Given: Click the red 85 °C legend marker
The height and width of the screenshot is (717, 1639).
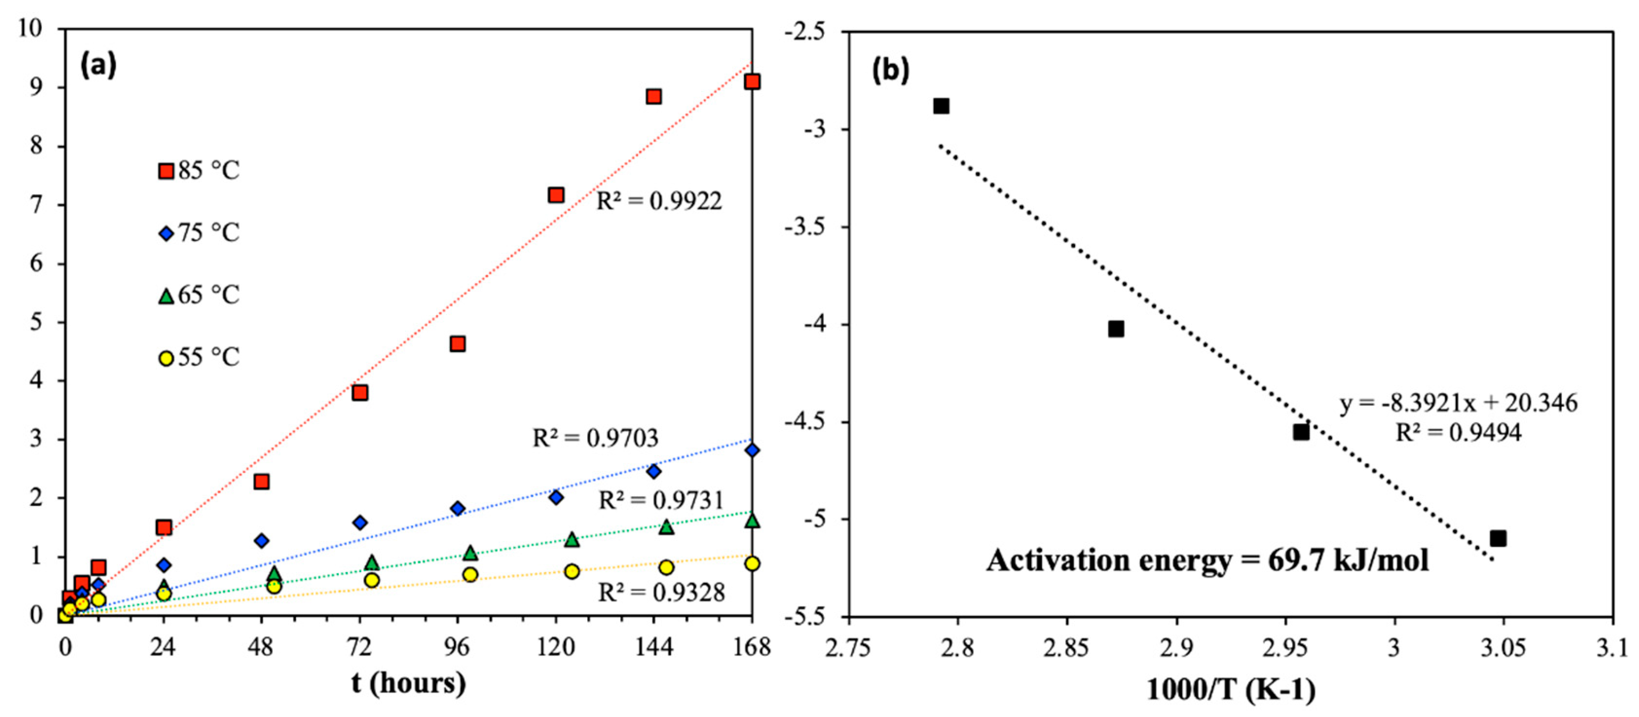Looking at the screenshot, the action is pos(166,171).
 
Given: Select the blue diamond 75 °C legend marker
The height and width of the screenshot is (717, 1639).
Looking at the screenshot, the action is pos(166,233).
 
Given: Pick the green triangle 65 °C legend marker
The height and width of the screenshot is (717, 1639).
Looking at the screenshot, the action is pos(166,296).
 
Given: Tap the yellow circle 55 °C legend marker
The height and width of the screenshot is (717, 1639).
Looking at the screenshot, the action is pos(166,358).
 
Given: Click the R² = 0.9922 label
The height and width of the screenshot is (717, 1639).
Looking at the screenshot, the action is pos(659,201).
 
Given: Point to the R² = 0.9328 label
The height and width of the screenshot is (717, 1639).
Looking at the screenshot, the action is pos(661,592).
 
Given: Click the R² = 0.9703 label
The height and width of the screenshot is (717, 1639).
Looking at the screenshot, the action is pos(595,438).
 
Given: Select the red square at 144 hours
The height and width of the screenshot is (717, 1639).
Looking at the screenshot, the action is pos(653,97).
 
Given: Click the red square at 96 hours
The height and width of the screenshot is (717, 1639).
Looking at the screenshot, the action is pos(457,344).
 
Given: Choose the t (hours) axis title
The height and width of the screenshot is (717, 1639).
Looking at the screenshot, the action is pos(409,683).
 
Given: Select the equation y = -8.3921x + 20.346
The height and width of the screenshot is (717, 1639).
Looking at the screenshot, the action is pos(1459,404).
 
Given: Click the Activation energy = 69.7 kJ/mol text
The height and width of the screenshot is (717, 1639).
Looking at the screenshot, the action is pos(1208,560).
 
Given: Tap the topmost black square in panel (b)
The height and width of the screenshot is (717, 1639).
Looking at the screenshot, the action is pos(941,106).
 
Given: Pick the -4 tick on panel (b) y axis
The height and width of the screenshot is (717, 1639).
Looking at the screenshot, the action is pos(821,324).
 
